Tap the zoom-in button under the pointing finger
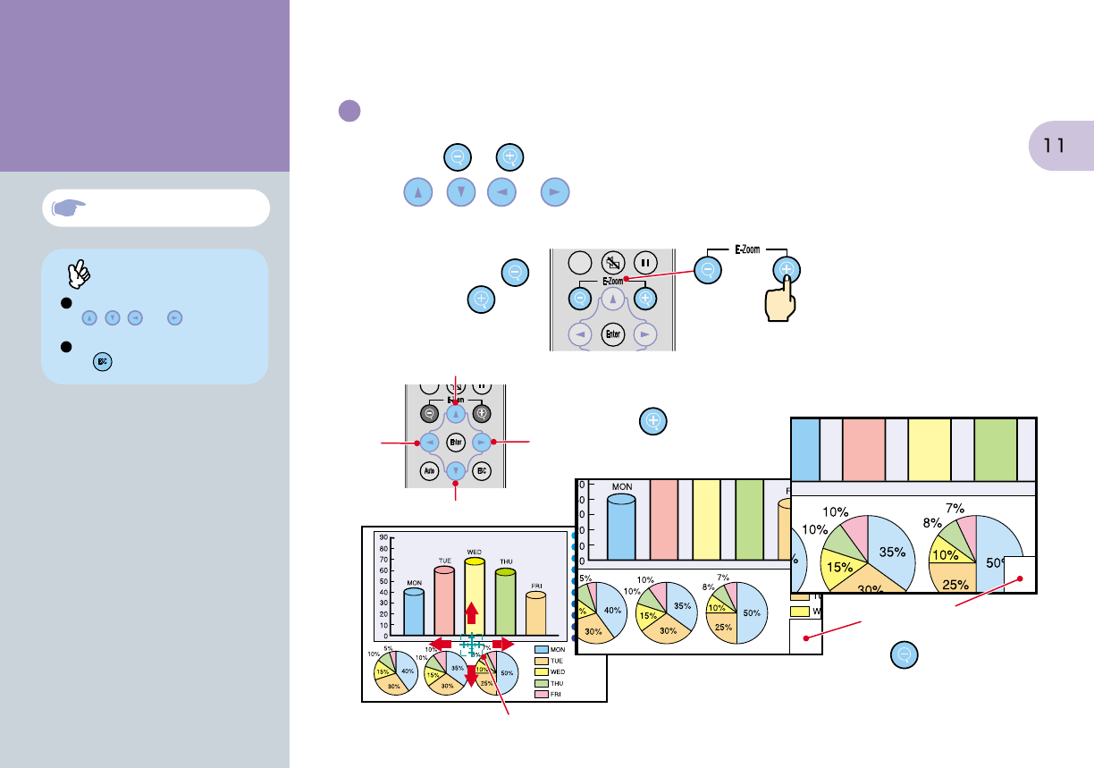coord(787,268)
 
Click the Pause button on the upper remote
coord(644,265)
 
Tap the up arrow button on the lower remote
coord(456,414)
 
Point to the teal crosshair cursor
coord(471,644)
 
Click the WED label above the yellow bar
coord(474,552)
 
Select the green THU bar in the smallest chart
coord(506,602)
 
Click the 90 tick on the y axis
coord(383,538)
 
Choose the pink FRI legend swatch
coord(541,693)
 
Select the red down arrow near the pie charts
coord(472,676)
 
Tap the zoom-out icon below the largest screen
coord(905,655)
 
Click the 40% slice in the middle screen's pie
coord(611,611)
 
